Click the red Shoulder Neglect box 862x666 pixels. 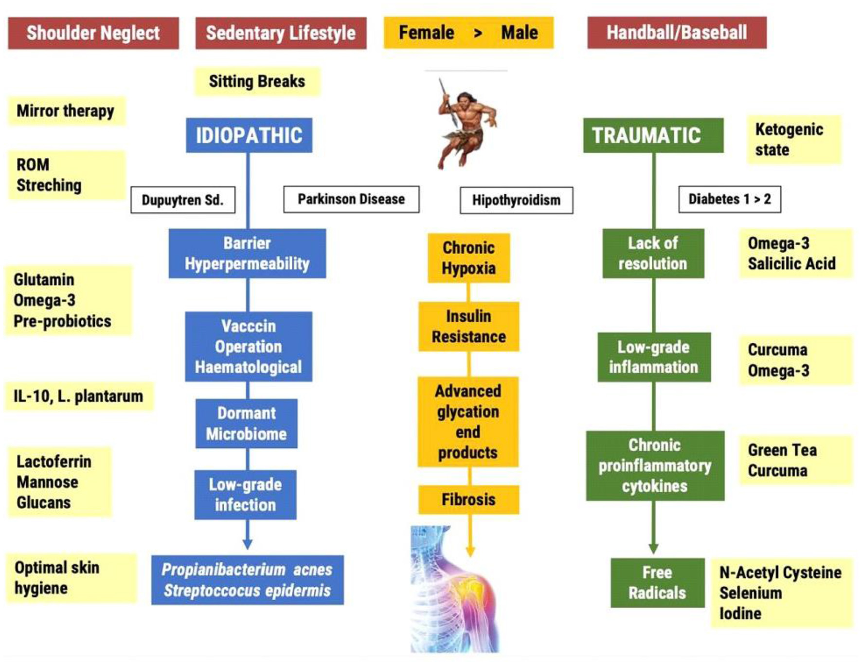[93, 33]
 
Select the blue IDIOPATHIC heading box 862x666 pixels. [249, 135]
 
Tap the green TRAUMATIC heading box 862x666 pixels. [653, 135]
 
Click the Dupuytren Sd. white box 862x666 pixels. [182, 200]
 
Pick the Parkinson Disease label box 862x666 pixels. [351, 199]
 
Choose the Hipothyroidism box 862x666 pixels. [516, 200]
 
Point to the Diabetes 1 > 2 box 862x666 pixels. [729, 199]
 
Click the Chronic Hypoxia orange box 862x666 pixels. [468, 258]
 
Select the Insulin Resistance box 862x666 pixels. [468, 326]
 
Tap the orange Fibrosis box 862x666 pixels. [468, 499]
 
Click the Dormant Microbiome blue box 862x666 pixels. [246, 424]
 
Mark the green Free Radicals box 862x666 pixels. [657, 583]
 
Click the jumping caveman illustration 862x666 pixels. [466, 124]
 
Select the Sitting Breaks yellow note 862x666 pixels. [257, 81]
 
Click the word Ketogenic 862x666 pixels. [789, 129]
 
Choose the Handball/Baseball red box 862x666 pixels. [677, 33]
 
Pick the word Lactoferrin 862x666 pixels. [54, 462]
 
